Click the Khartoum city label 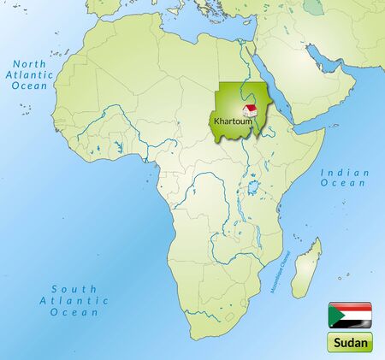pyautogui.click(x=231, y=121)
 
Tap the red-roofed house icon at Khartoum pyautogui.click(x=250, y=111)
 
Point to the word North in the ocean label pyautogui.click(x=32, y=62)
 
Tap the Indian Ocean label pyautogui.click(x=344, y=178)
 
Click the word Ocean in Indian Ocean pyautogui.click(x=345, y=184)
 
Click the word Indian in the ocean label pyautogui.click(x=344, y=172)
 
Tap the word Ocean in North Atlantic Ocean pyautogui.click(x=30, y=86)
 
